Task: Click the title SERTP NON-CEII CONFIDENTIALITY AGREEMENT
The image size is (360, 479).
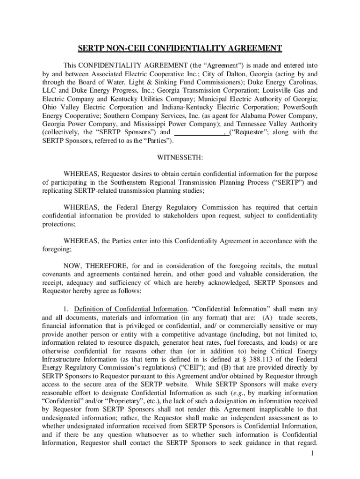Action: [180, 48]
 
